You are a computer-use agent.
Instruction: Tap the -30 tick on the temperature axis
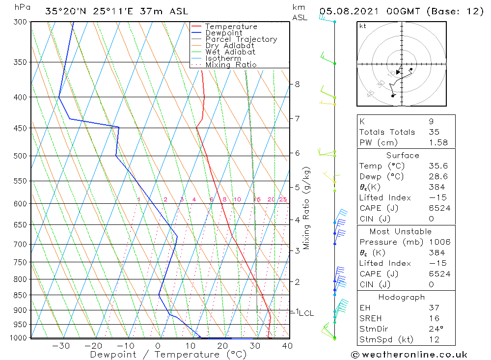click(x=61, y=346)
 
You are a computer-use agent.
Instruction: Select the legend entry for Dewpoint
click(x=223, y=33)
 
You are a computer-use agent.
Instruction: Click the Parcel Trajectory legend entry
click(x=241, y=39)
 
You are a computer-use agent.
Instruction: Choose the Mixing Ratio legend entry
click(x=231, y=64)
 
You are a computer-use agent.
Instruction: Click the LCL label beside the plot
click(x=306, y=313)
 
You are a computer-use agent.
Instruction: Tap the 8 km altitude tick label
click(x=297, y=84)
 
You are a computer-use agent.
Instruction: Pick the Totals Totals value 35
click(x=434, y=132)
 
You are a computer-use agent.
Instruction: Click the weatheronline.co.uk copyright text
click(x=409, y=354)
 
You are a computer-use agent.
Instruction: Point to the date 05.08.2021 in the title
click(x=343, y=11)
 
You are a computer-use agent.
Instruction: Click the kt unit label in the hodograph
click(x=363, y=26)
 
